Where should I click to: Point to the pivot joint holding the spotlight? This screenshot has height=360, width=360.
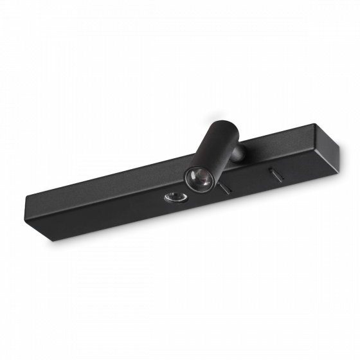click(238, 155)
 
